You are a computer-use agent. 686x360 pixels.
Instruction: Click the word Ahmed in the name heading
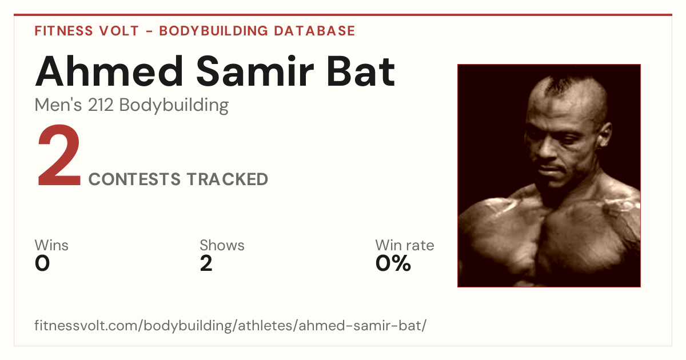coord(109,71)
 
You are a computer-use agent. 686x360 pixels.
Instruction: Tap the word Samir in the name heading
coord(255,71)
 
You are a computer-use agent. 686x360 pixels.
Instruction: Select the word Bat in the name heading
coord(361,71)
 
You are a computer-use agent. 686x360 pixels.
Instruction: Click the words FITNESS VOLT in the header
coord(87,31)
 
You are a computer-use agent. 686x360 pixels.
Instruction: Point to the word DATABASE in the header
coord(314,31)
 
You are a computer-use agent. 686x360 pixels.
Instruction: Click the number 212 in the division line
coord(101,105)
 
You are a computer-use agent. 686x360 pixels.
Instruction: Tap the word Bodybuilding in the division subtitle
coord(174,105)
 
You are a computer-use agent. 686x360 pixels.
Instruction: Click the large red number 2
coord(59,155)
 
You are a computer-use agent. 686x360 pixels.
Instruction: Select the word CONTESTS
coord(134,179)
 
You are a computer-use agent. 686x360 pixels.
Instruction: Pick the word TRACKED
coord(228,179)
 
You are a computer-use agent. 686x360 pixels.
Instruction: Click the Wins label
coord(51,245)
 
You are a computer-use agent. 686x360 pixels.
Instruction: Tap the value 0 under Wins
coord(42,263)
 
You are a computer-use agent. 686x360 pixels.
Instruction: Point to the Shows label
coord(222,245)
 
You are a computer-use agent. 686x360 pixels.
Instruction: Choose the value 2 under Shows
coord(206,263)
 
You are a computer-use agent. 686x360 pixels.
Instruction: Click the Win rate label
coord(405,245)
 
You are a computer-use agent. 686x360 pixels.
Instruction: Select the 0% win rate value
coord(393,263)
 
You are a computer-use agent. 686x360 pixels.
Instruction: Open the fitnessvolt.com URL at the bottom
coord(230,325)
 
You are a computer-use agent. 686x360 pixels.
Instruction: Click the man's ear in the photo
coord(604,135)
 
